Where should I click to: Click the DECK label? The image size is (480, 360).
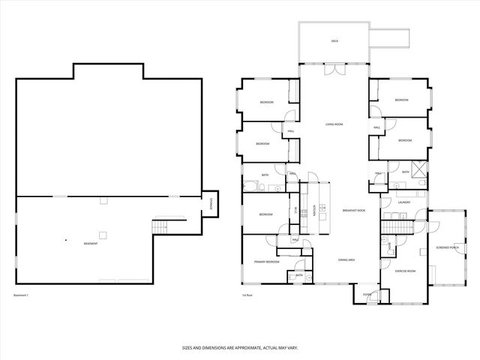click(334, 41)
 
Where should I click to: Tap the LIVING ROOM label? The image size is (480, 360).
click(334, 124)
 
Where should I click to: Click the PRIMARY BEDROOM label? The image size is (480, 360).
click(266, 262)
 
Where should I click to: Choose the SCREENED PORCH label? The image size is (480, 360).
click(448, 248)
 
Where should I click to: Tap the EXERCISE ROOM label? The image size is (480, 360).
click(406, 271)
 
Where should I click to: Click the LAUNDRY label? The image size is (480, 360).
click(403, 202)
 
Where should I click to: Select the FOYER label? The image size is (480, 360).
click(367, 295)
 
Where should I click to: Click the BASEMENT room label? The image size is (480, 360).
click(90, 244)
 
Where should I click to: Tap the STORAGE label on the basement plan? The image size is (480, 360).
click(211, 202)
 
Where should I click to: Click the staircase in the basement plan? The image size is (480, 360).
click(158, 226)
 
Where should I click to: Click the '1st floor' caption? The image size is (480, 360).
click(247, 295)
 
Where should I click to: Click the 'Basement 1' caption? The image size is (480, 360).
click(21, 295)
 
